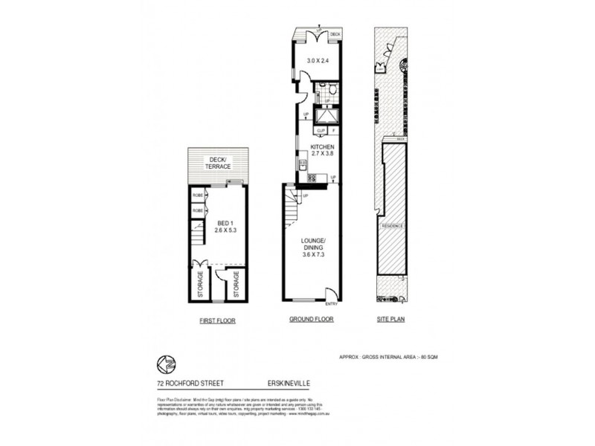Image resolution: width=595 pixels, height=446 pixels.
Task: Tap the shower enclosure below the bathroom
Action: click(x=327, y=117)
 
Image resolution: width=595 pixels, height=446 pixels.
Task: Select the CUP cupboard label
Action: click(x=321, y=131)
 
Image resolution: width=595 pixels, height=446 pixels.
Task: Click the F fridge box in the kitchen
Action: click(x=334, y=131)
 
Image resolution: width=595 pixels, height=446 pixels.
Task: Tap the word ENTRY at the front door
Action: click(x=332, y=303)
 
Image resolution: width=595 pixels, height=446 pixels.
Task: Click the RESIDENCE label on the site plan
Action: click(x=392, y=224)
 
